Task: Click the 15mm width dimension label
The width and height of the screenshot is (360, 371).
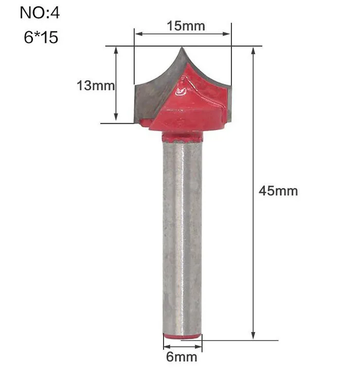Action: (x=186, y=26)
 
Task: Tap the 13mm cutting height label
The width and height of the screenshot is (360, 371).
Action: (x=96, y=85)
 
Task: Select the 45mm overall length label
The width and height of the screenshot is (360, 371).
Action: (x=278, y=191)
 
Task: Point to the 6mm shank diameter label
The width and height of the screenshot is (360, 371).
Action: (x=182, y=357)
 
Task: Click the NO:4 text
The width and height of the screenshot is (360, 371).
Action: (x=40, y=13)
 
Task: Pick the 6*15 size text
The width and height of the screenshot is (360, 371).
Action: (x=41, y=38)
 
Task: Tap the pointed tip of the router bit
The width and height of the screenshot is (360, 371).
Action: (x=182, y=47)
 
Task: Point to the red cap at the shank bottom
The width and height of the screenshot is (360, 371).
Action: (x=183, y=336)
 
